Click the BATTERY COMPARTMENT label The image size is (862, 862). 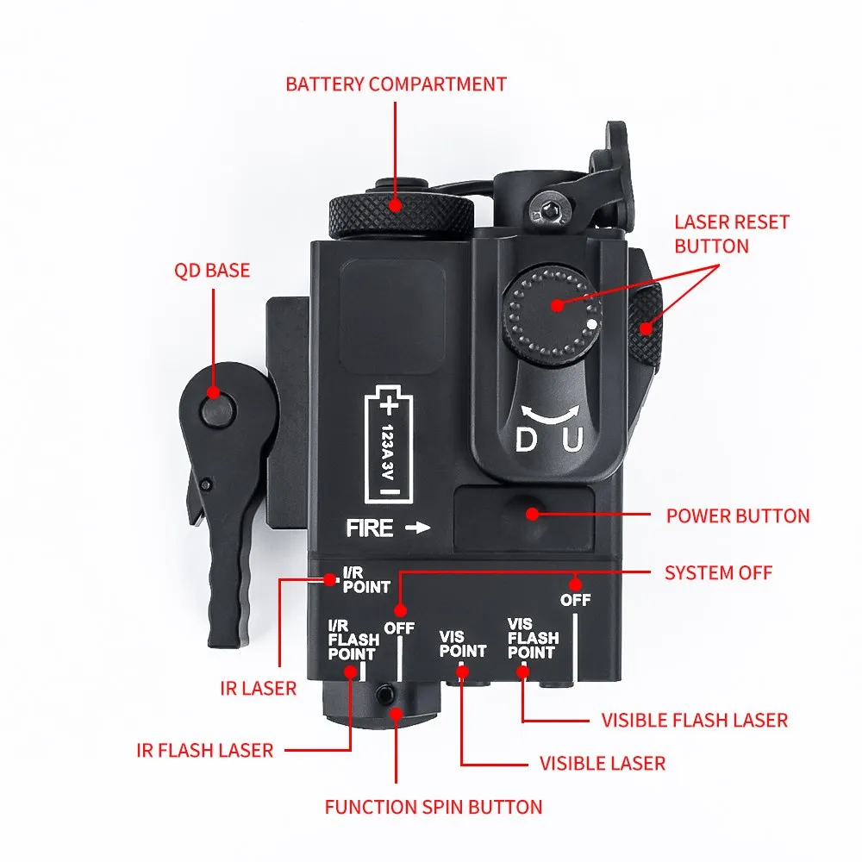[396, 84]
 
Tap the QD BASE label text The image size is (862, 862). [211, 271]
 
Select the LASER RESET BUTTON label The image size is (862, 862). [731, 234]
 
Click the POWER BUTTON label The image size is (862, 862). [738, 516]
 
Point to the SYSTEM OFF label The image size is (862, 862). [718, 572]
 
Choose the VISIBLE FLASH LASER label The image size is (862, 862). [694, 720]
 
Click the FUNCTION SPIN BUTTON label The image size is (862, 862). [434, 808]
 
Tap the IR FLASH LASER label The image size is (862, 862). [204, 751]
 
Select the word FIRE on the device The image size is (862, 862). [370, 528]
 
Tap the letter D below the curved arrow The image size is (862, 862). [525, 440]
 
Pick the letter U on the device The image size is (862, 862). [572, 440]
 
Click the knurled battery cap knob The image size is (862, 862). [402, 211]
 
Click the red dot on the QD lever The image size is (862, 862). [212, 393]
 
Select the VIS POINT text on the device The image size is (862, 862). [463, 644]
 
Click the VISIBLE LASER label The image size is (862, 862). [602, 763]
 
